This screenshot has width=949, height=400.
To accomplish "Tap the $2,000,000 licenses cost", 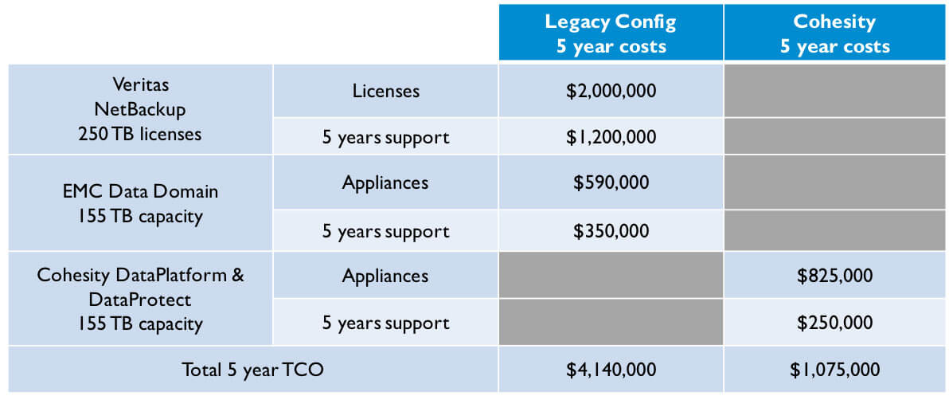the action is pos(611,91).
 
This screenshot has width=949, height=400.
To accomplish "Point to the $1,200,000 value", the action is pos(611,137).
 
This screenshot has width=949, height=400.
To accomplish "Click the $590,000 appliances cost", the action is pos(611,182).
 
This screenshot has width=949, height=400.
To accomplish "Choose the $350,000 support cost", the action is pos(611,231).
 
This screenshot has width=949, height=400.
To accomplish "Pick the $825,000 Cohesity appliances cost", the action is pos(834,276).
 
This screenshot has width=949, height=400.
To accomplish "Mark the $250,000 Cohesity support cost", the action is pos(834,323).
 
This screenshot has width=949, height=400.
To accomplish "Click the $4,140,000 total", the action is pos(611,370).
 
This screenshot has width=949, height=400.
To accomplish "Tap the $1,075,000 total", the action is pos(834,370).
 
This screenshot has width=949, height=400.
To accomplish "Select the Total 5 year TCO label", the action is pos(253,370).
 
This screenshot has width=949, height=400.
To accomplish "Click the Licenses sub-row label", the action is pos(385,91).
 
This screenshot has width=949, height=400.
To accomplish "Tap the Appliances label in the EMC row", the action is pos(385,182).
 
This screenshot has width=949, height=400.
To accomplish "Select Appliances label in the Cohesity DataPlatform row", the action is pos(385,276).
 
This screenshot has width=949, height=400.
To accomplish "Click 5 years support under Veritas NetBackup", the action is pos(385,138).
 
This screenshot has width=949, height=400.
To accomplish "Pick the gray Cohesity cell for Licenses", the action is pos(834,91).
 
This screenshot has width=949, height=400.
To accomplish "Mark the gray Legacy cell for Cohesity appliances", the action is pos(611,275).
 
